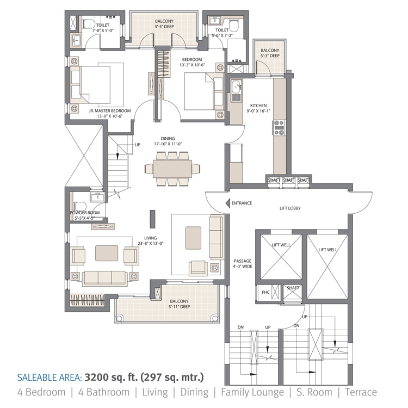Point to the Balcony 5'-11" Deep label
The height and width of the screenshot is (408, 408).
point(179,304)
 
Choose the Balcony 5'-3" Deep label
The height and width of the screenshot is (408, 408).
point(270,52)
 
